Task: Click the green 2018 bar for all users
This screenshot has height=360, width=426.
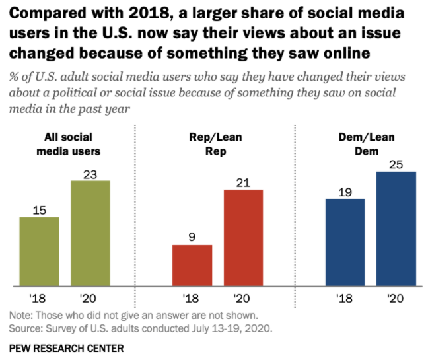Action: click(40, 252)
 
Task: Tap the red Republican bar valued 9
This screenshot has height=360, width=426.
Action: click(192, 266)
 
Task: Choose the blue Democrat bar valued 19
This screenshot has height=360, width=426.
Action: click(345, 242)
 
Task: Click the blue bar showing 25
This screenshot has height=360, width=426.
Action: click(396, 229)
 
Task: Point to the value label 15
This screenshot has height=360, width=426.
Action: click(40, 209)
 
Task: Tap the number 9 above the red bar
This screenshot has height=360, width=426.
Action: click(192, 237)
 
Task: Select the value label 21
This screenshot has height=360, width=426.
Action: click(243, 182)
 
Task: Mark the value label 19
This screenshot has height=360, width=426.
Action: click(345, 191)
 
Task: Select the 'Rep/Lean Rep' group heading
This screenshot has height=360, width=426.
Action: click(217, 144)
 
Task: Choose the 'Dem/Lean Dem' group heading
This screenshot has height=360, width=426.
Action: click(371, 144)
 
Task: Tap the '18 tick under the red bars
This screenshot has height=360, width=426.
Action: click(192, 298)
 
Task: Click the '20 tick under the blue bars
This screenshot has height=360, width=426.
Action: click(396, 298)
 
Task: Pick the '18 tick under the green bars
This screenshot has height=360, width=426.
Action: click(39, 298)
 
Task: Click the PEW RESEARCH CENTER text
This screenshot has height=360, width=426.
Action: click(66, 347)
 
